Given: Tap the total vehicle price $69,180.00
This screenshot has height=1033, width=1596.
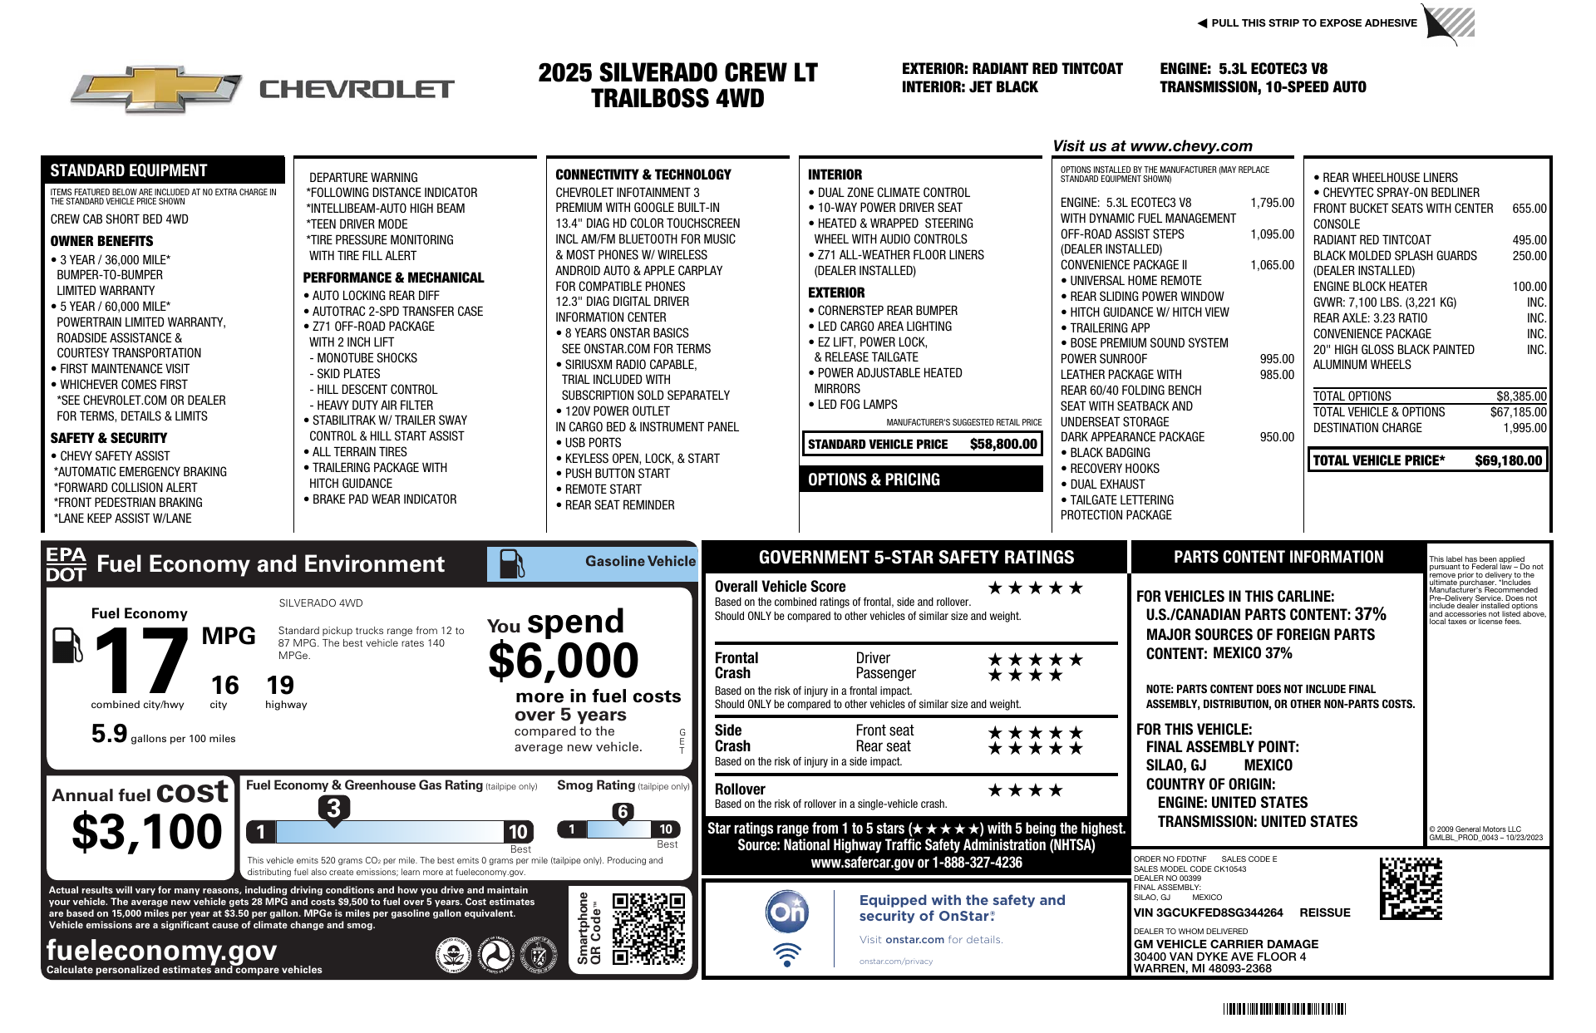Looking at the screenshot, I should pos(1508,460).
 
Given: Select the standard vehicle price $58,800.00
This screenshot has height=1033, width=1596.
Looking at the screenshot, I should pos(1003,444).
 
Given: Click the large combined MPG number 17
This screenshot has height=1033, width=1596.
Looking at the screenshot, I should pos(141,662).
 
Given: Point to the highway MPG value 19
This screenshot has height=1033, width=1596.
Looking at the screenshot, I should pos(280,685).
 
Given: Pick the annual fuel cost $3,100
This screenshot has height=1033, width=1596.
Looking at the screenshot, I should pos(147,832).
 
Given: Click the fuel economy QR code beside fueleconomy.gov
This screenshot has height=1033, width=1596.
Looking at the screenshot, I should pos(648,928).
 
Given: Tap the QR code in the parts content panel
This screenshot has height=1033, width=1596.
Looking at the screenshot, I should pos(1411,888).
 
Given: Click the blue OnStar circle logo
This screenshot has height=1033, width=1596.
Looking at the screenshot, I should pos(786,912).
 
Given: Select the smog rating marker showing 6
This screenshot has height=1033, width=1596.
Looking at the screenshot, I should pos(623,812).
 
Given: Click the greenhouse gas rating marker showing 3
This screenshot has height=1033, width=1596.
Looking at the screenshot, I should pos(333,808).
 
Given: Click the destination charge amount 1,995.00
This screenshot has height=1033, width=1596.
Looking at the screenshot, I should pos(1525,428).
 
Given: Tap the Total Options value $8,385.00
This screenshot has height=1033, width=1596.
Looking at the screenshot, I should pos(1521,396).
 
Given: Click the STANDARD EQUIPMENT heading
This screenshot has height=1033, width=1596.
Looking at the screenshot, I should pos(129,170).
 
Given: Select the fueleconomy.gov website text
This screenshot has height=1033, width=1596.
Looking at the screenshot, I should pos(161,950).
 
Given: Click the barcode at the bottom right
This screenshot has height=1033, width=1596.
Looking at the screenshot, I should pos(1283,1009).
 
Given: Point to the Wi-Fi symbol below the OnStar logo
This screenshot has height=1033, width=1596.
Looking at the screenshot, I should pos(786,954).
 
